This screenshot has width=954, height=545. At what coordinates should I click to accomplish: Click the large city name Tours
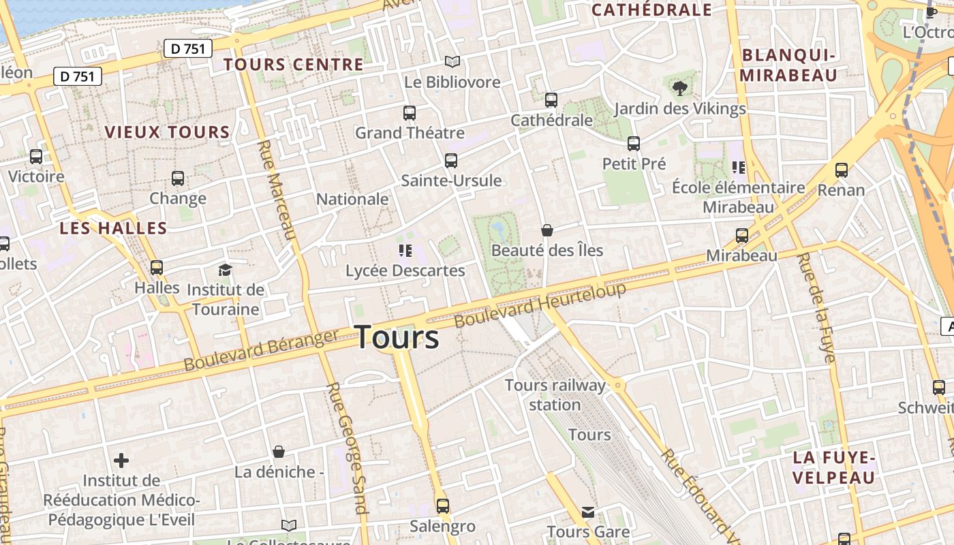(x=397, y=337)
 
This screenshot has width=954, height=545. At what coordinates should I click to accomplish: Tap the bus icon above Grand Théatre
(x=409, y=113)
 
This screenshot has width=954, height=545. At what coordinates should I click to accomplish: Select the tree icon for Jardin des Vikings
(x=679, y=88)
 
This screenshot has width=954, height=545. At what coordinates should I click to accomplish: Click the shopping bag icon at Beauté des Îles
(x=547, y=230)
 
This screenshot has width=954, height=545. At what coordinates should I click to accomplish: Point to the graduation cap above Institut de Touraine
(x=225, y=270)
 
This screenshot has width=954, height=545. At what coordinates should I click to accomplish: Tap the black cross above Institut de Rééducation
(x=121, y=461)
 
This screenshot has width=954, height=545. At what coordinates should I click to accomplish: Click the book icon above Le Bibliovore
(x=452, y=61)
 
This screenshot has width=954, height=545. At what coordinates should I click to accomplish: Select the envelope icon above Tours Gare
(x=587, y=512)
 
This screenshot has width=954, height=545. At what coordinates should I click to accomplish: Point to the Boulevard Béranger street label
(x=261, y=350)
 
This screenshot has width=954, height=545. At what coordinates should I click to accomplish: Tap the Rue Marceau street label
(x=277, y=190)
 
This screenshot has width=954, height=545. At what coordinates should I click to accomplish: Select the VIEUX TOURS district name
(x=167, y=132)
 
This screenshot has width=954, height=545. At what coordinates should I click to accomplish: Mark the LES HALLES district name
(x=113, y=228)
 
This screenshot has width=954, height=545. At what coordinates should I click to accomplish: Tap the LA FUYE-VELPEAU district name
(x=833, y=467)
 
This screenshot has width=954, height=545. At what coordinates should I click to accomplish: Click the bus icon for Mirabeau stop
(x=741, y=236)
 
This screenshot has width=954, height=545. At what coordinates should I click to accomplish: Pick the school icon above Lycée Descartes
(x=405, y=251)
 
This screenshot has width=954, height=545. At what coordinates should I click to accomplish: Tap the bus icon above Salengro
(x=443, y=506)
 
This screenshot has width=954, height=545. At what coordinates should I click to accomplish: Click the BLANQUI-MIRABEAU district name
(x=788, y=65)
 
